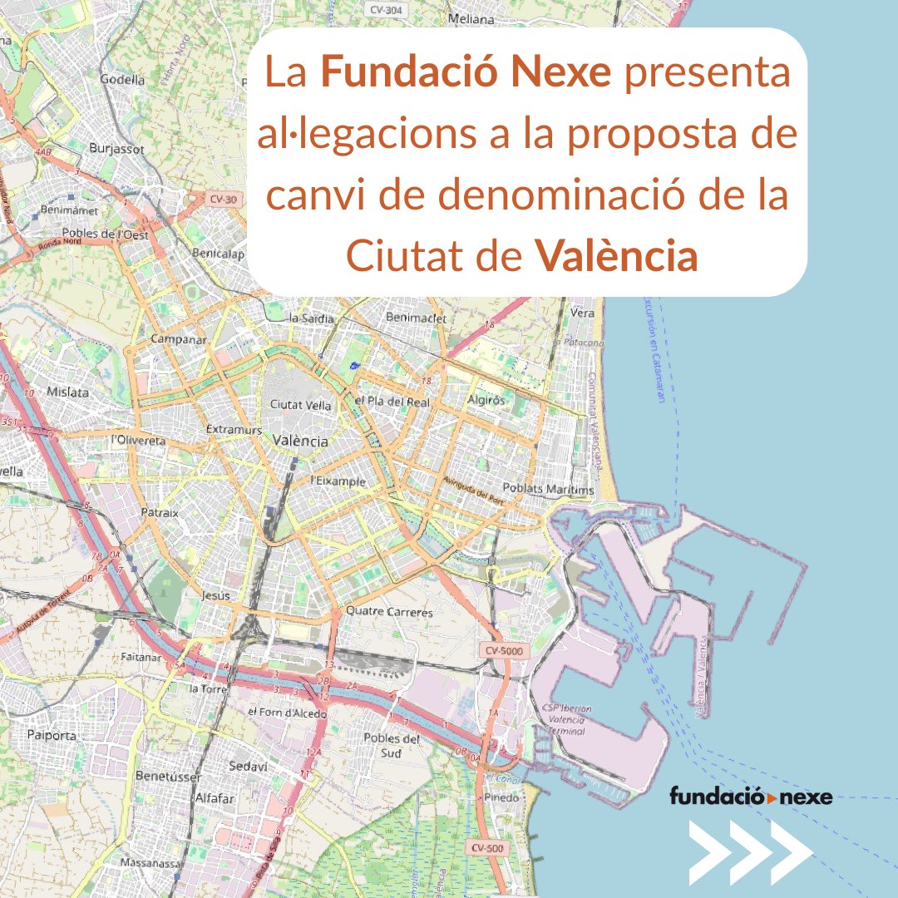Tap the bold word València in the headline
tap(615, 258)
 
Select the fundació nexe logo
tap(751, 797)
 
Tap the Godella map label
tap(122, 80)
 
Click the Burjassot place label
tap(116, 150)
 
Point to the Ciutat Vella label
tap(301, 405)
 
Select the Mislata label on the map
tap(68, 392)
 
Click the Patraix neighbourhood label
tap(160, 513)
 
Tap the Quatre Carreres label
tap(389, 612)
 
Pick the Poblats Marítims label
tap(549, 490)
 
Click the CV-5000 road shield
tap(502, 651)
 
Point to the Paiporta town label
tap(52, 735)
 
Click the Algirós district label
tap(486, 400)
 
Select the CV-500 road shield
tap(486, 847)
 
